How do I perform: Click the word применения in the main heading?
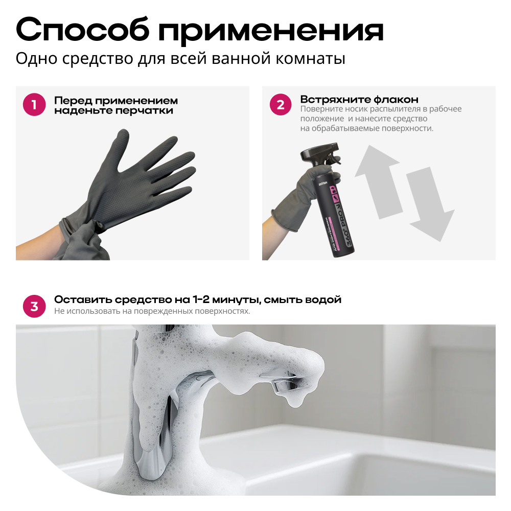click(271, 32)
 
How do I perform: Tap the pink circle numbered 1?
click(34, 105)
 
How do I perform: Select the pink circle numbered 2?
click(281, 105)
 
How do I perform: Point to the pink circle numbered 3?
click(34, 306)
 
